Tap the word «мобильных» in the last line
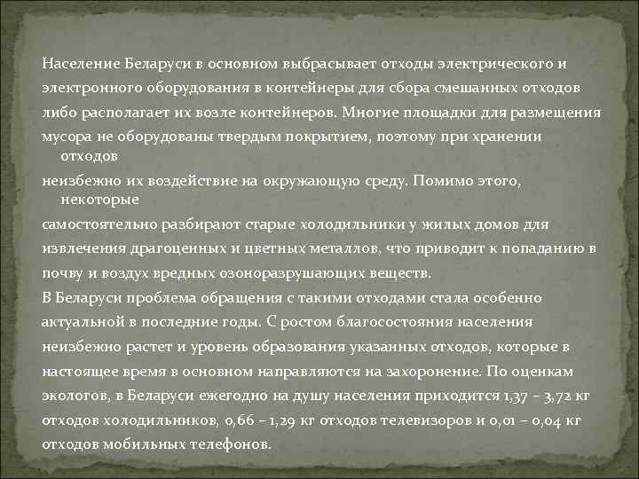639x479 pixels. click(x=137, y=444)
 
